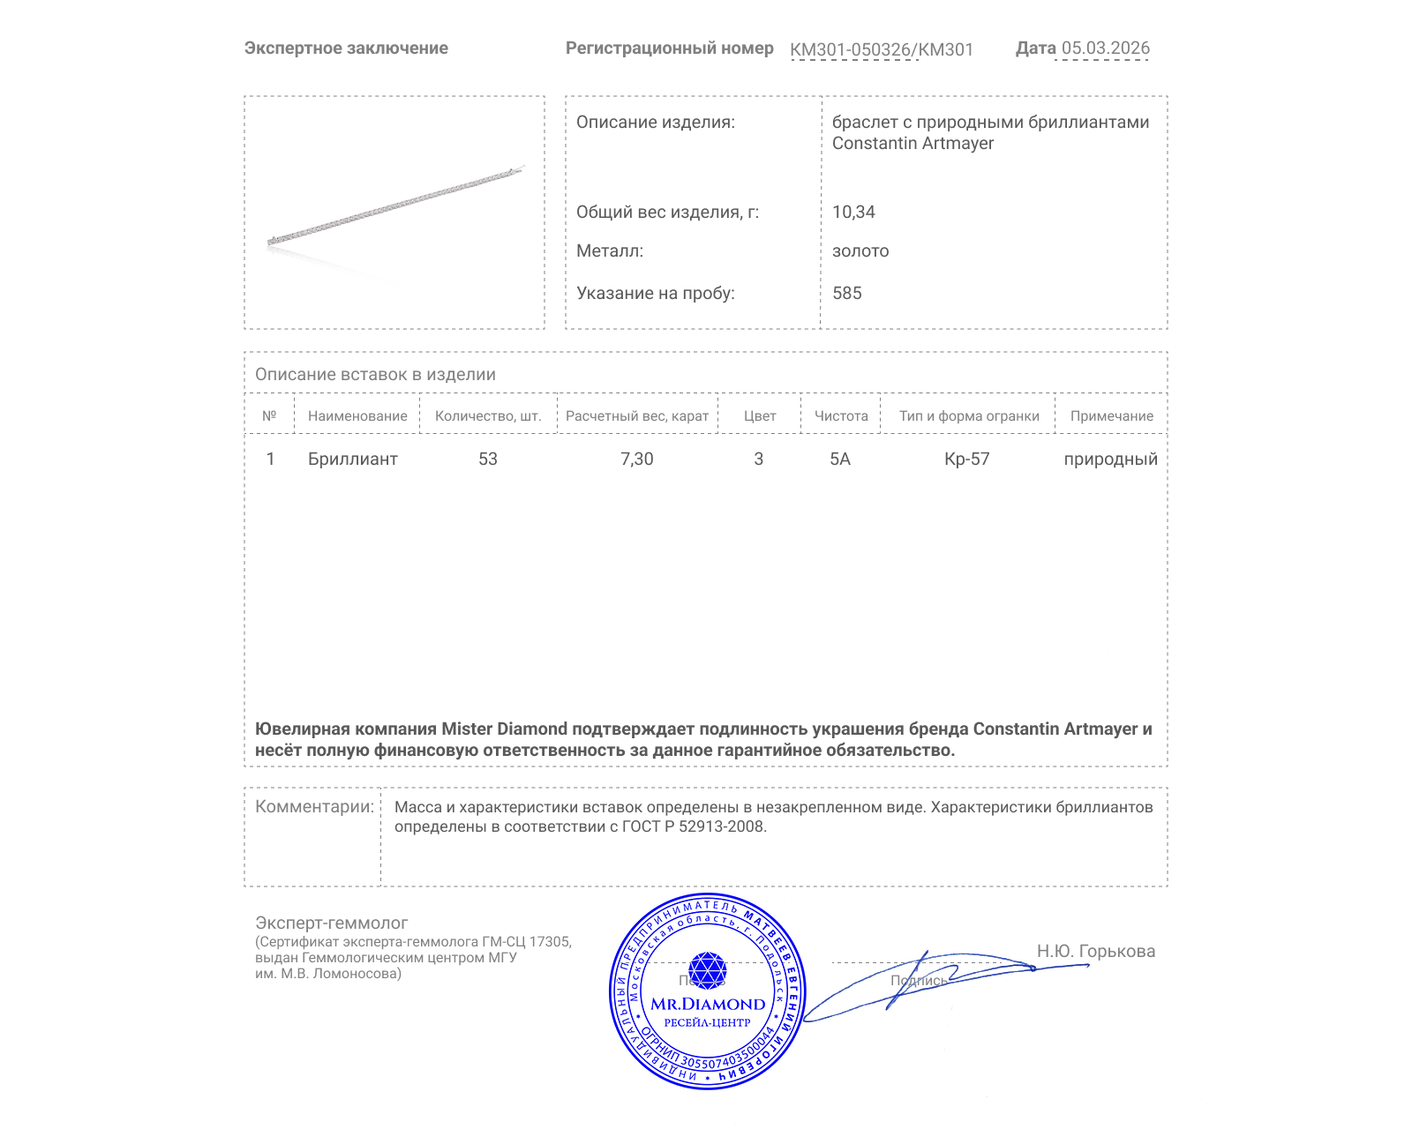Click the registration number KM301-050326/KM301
point(881,49)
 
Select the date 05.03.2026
point(1105,48)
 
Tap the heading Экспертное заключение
point(346,49)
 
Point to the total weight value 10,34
point(853,212)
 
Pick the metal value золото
point(860,250)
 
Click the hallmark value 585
point(846,293)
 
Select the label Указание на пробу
point(655,293)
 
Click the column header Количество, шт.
point(488,415)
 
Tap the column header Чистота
point(841,415)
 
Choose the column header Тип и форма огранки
point(969,415)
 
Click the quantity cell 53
point(488,459)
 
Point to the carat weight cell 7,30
point(636,459)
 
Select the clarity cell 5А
point(840,459)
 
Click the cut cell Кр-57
point(966,459)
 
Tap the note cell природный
point(1110,459)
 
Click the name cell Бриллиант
point(352,459)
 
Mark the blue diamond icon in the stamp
point(707,970)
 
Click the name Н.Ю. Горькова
point(1095,951)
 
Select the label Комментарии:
point(314,806)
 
